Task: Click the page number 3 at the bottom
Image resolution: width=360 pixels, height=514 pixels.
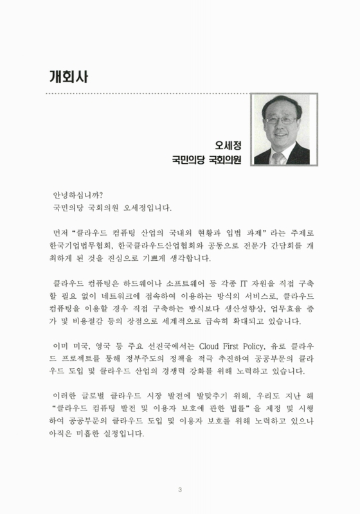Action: point(180,492)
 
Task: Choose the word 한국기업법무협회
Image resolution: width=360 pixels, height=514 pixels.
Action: point(75,245)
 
